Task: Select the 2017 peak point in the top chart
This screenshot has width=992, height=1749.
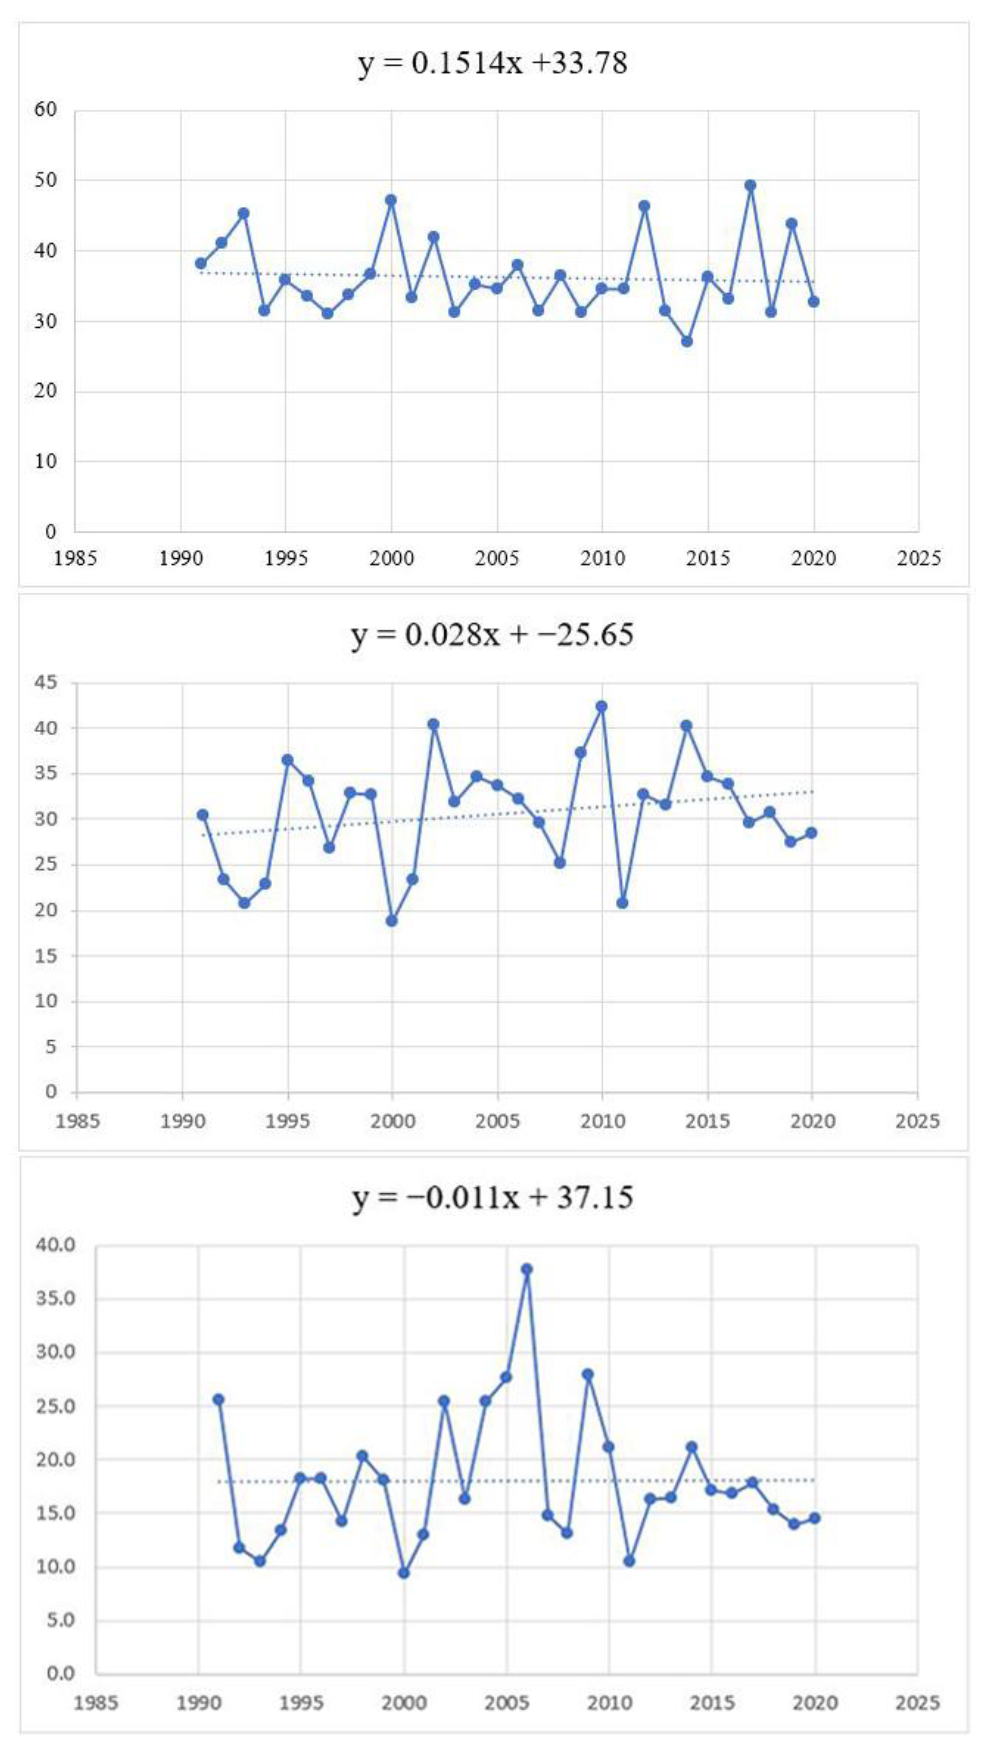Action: coord(750,185)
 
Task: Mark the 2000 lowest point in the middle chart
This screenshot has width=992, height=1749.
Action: coord(392,921)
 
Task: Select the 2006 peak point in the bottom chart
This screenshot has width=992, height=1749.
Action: coord(527,1269)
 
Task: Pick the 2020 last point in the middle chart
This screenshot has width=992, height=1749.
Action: coord(811,833)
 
